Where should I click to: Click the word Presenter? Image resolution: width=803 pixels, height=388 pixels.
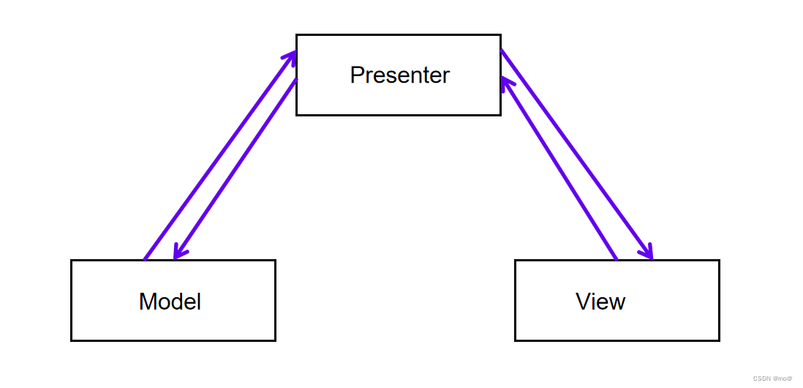(400, 75)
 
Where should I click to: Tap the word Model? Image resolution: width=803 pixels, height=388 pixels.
(170, 302)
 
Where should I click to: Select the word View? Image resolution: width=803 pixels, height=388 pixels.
(600, 302)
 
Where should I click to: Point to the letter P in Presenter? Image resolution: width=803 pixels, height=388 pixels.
(357, 75)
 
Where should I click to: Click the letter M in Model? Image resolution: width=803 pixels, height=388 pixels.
(148, 302)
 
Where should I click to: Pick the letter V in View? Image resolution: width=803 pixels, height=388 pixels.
(584, 302)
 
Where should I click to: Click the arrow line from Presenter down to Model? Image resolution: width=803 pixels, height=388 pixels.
(235, 168)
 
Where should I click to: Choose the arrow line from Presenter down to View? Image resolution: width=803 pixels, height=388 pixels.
(576, 154)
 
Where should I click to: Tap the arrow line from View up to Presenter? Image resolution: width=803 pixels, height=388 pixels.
(559, 168)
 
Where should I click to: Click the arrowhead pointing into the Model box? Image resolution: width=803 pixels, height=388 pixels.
(178, 253)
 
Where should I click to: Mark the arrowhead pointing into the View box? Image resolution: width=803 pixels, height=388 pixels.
(646, 251)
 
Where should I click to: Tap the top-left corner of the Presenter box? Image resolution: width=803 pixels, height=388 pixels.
(296, 35)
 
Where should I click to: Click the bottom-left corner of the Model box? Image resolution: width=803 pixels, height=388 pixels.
(71, 340)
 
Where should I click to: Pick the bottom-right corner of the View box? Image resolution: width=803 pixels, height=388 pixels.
(720, 340)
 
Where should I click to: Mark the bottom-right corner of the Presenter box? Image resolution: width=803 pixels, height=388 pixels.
(500, 115)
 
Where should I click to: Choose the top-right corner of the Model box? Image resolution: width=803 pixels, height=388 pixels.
(276, 261)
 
